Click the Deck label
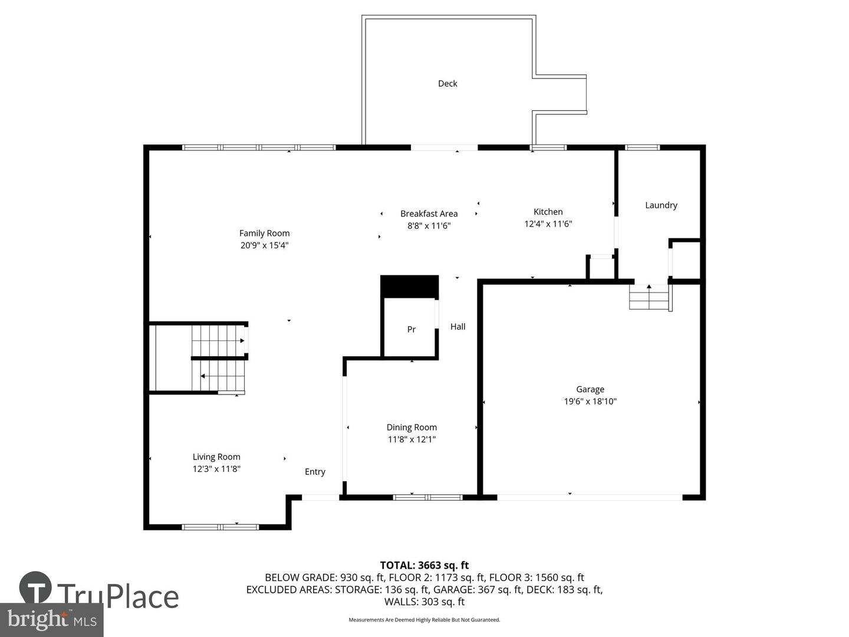point(447,84)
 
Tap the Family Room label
point(264,233)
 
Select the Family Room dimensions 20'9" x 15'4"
point(264,245)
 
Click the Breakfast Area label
point(429,214)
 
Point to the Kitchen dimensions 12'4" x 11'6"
point(548,224)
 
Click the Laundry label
point(661,205)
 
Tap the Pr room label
point(412,330)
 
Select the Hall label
point(458,327)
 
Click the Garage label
point(590,389)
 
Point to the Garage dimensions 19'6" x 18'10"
point(590,402)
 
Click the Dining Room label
point(412,427)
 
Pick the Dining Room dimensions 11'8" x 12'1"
point(412,439)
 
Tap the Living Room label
point(216,457)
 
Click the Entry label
point(315,472)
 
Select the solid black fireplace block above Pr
point(409,287)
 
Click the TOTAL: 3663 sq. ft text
point(424,566)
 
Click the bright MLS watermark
point(52,619)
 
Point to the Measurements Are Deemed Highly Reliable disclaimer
point(424,620)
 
